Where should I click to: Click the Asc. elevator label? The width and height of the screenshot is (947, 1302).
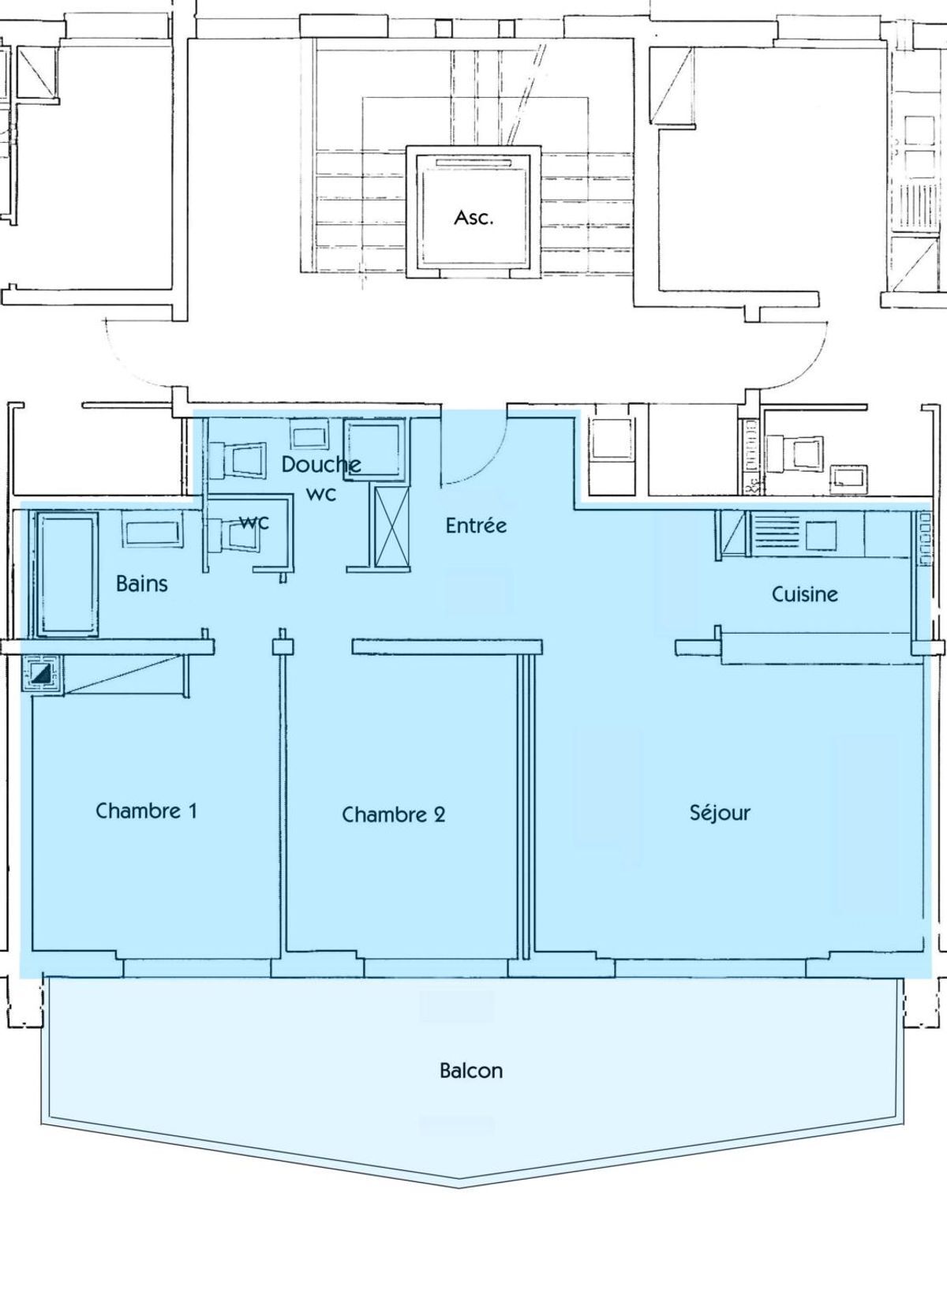(x=473, y=218)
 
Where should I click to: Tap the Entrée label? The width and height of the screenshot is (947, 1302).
(x=476, y=526)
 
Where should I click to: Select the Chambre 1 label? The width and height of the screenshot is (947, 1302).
(x=146, y=811)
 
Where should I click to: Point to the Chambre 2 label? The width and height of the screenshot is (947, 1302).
(x=394, y=815)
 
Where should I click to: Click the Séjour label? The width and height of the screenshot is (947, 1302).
(x=720, y=813)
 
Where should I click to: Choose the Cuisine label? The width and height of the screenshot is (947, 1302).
(x=805, y=594)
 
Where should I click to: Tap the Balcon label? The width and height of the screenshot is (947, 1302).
(x=471, y=1071)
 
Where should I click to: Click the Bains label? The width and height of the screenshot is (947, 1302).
(x=142, y=584)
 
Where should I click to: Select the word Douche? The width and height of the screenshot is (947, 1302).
(x=321, y=465)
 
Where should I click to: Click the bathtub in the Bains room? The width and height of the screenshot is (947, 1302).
(x=67, y=574)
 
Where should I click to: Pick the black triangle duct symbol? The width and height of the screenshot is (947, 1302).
(x=43, y=674)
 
